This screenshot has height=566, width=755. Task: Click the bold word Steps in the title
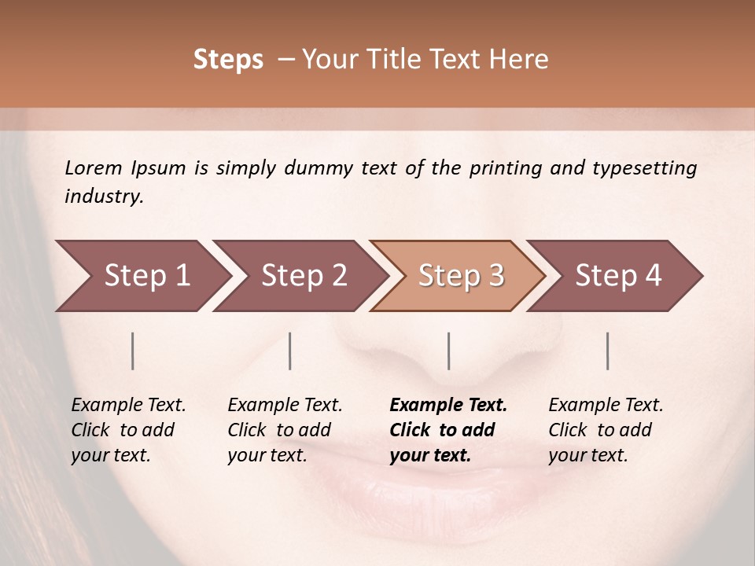point(228,60)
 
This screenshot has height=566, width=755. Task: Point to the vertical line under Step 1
point(133,351)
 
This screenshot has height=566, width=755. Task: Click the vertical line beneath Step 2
point(290,351)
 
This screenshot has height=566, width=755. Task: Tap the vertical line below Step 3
point(449,351)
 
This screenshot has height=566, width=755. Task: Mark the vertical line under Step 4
point(608,351)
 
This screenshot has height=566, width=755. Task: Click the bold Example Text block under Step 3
point(448,430)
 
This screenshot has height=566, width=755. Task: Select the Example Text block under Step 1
point(128,430)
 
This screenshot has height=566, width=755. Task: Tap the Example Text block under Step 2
point(285,430)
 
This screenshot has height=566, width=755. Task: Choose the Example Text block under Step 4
point(606,430)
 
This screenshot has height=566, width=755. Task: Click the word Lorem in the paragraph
point(93,167)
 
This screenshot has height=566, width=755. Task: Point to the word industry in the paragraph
point(104,196)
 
